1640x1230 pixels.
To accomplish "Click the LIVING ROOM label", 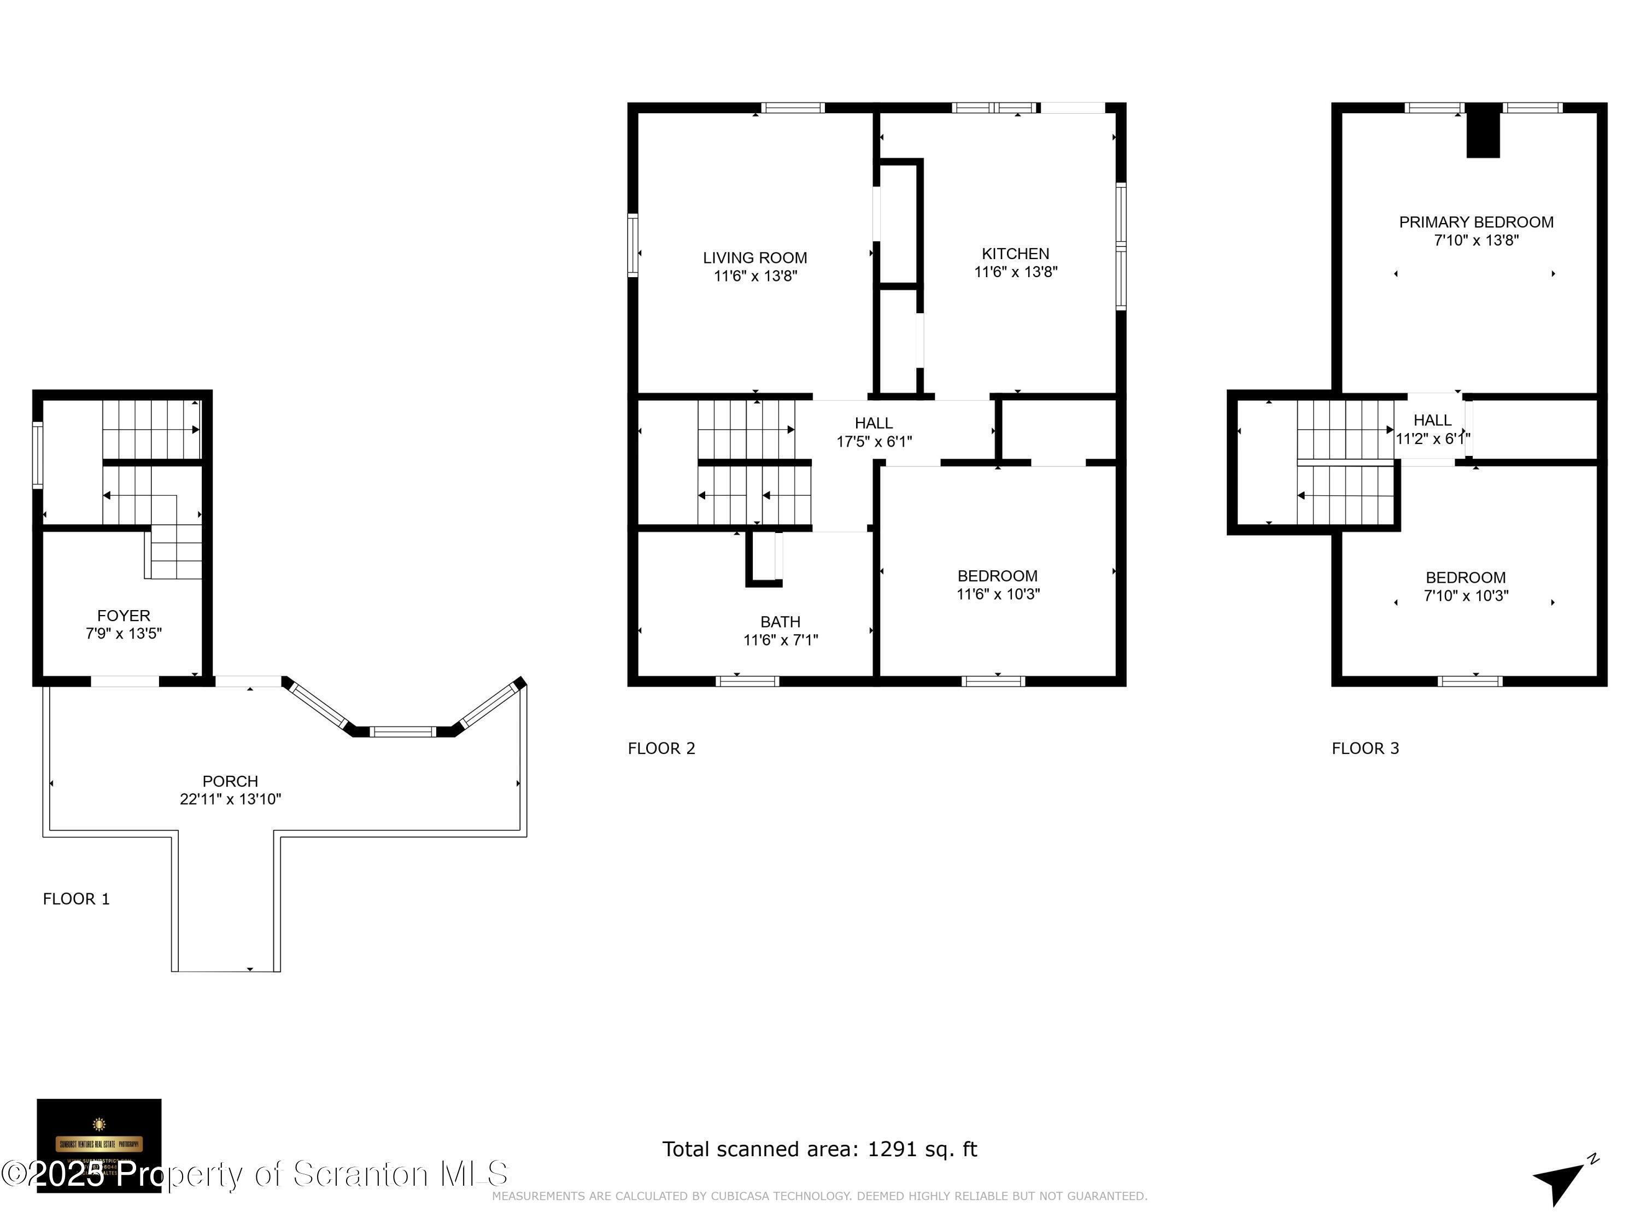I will [755, 258].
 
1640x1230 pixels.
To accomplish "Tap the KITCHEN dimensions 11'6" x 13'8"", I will [1015, 272].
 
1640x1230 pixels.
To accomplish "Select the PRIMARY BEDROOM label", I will [1475, 222].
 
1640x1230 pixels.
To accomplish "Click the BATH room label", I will [780, 622].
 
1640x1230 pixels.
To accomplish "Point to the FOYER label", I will [124, 616].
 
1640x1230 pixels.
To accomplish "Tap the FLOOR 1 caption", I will [77, 899].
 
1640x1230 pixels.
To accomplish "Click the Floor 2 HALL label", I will [874, 423].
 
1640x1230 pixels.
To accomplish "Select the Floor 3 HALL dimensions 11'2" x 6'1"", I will [1432, 439].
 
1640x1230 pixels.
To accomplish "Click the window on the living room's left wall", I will [632, 245].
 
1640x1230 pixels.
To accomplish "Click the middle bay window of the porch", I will [402, 732].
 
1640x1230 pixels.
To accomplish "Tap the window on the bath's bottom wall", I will [747, 681].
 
